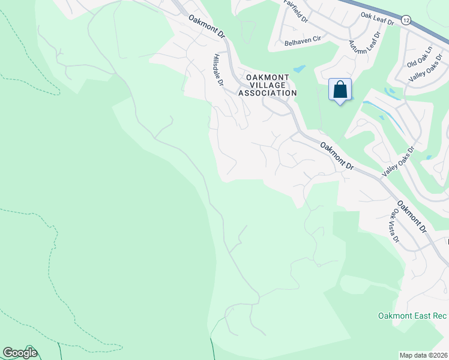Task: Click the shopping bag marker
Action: pos(340,90)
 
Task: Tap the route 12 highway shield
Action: pos(406,20)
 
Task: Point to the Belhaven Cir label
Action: pos(301,43)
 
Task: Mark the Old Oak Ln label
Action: pos(420,59)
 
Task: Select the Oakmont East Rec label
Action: pos(413,316)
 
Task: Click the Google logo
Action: pos(20,353)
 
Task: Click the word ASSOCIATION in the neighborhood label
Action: pos(268,93)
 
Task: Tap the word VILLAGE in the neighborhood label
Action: pos(268,85)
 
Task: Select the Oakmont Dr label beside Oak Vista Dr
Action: pos(412,216)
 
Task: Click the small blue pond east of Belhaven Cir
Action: pos(299,69)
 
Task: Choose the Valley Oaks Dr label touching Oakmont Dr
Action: pos(399,163)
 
